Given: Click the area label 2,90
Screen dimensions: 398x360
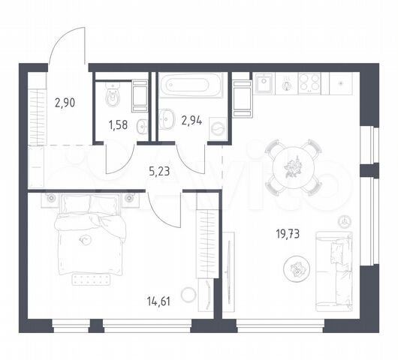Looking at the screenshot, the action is tap(65, 103).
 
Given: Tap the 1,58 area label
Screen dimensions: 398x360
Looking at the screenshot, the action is tap(118, 125).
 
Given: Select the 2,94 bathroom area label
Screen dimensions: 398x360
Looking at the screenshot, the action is tap(191, 121).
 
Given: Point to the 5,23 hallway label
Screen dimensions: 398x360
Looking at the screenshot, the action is tap(159, 172).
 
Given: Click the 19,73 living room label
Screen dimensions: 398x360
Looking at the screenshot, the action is tap(288, 234).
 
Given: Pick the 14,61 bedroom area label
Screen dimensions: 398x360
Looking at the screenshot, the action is tap(158, 301).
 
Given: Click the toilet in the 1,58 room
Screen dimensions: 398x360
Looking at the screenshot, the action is tap(113, 94).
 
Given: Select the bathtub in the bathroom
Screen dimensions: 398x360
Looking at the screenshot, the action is tap(191, 85).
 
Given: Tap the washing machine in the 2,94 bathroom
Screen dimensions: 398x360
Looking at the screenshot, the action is tap(218, 128).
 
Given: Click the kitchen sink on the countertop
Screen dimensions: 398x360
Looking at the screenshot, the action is tap(264, 82).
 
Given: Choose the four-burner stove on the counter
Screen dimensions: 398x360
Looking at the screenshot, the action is tap(309, 83).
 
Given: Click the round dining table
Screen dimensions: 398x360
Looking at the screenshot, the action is tap(293, 167).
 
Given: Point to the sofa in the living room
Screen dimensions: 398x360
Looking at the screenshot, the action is tap(334, 271).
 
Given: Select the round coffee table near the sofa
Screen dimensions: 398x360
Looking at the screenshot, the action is tap(297, 269).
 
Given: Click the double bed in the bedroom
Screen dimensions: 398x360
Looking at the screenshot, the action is tap(90, 235).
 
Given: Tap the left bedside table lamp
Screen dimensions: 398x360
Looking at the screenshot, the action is tap(52, 197).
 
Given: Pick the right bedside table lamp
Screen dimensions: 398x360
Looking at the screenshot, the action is tap(129, 197).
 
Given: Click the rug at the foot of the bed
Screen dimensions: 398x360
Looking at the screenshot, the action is tap(91, 280).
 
